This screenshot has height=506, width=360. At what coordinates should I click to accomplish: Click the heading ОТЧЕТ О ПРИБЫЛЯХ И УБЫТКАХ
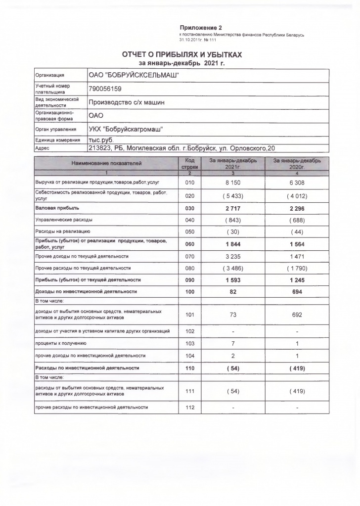click(x=182, y=54)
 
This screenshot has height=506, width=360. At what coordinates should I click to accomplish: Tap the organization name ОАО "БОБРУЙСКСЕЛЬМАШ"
click(x=134, y=75)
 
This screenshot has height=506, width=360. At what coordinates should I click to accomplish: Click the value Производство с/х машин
click(x=126, y=103)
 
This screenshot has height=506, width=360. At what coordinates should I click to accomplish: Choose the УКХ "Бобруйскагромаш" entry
click(x=126, y=130)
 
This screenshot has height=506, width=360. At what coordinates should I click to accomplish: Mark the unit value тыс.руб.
click(x=101, y=140)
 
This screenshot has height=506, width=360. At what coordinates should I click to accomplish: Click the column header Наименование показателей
click(x=106, y=163)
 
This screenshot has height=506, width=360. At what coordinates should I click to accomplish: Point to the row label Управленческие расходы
click(x=64, y=219)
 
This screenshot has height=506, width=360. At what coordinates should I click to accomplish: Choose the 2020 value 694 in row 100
click(x=296, y=292)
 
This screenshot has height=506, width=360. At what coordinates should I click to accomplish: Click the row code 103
click(x=190, y=343)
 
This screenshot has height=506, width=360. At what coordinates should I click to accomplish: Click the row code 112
click(x=190, y=408)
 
